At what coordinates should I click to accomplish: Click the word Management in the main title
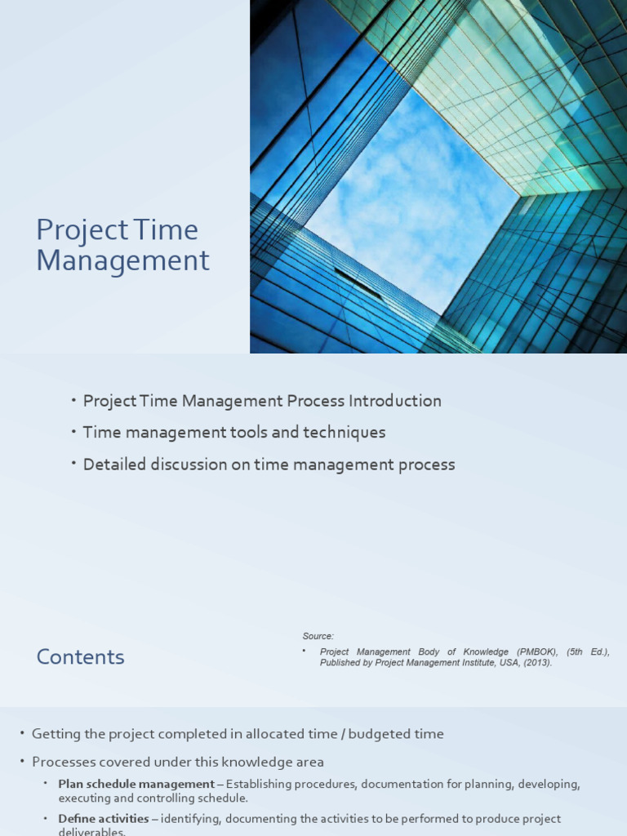[x=122, y=261]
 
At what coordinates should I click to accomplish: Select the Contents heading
[x=80, y=657]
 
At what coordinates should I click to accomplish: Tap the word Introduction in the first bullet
[x=395, y=401]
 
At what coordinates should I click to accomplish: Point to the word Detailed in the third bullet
[x=114, y=465]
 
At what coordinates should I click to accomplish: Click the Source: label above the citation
[x=318, y=636]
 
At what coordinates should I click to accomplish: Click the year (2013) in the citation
[x=536, y=663]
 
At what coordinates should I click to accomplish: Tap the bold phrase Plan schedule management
[x=136, y=785]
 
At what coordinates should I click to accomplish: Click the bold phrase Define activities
[x=104, y=818]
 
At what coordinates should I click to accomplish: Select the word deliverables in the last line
[x=91, y=832]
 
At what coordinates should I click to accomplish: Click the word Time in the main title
[x=169, y=230]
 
